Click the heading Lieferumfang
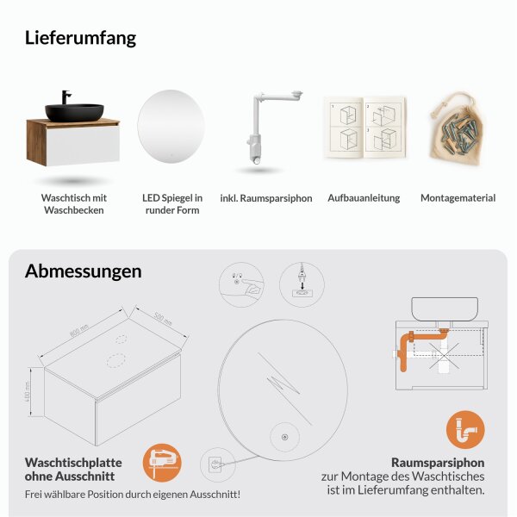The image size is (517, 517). pyautogui.click(x=80, y=38)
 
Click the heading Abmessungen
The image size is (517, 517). pyautogui.click(x=83, y=271)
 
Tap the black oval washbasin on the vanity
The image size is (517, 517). pyautogui.click(x=74, y=111)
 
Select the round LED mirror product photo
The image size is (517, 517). pyautogui.click(x=172, y=124)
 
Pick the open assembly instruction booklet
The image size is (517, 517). pyautogui.click(x=363, y=128)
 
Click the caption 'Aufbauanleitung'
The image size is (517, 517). pyautogui.click(x=364, y=198)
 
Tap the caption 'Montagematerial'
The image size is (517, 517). pyautogui.click(x=458, y=198)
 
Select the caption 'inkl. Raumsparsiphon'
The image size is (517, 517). pyautogui.click(x=266, y=198)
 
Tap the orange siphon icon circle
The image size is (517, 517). pyautogui.click(x=465, y=429)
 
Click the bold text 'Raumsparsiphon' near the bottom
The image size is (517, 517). pyautogui.click(x=438, y=461)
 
